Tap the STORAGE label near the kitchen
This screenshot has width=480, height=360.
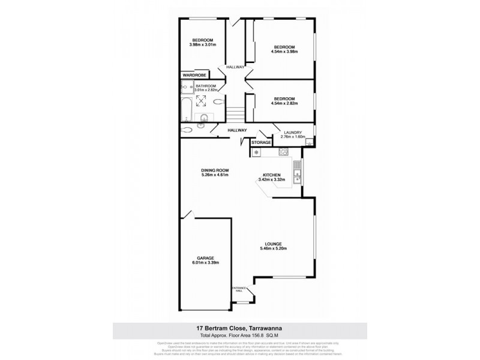[261, 142]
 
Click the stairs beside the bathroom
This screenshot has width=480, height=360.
[235, 113]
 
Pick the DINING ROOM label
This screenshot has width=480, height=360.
[215, 170]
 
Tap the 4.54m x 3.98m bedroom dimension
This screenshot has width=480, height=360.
[284, 52]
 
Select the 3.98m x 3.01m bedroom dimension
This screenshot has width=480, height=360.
[203, 45]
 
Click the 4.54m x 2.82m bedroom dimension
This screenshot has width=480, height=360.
[284, 103]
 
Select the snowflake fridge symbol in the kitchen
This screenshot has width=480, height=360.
[257, 152]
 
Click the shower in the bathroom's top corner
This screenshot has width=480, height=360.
[184, 88]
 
